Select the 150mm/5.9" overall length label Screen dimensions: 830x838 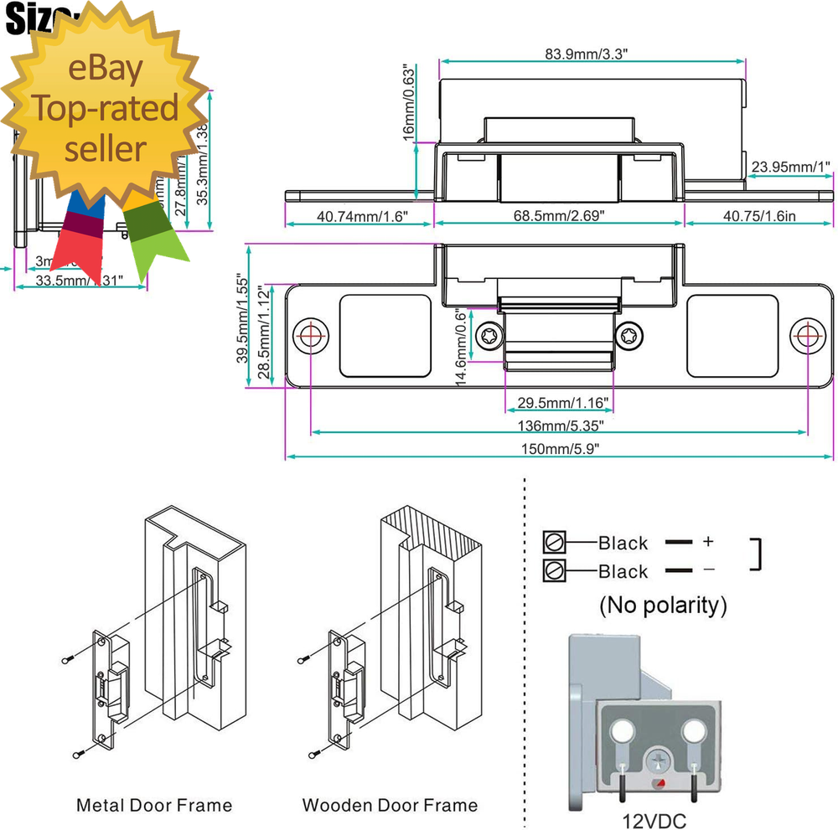click(x=559, y=448)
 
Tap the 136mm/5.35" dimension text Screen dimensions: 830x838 click(x=559, y=425)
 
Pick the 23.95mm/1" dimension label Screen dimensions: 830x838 click(x=790, y=168)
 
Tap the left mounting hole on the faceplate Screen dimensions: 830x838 click(x=311, y=335)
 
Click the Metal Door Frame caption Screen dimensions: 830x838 click(x=154, y=806)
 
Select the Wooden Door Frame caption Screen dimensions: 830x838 click(x=390, y=806)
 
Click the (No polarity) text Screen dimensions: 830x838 click(x=663, y=605)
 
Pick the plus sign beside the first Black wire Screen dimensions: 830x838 click(x=708, y=542)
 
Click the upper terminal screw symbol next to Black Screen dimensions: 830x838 click(x=555, y=542)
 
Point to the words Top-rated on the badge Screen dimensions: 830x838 click(x=106, y=109)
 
